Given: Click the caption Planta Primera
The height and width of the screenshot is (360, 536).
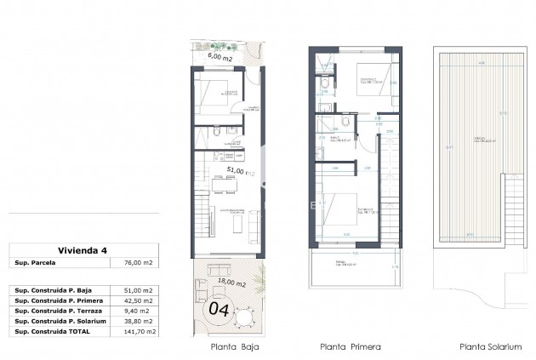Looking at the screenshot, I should [x=350, y=347].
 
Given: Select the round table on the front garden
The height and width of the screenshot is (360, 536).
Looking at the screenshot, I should [x=243, y=317].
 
